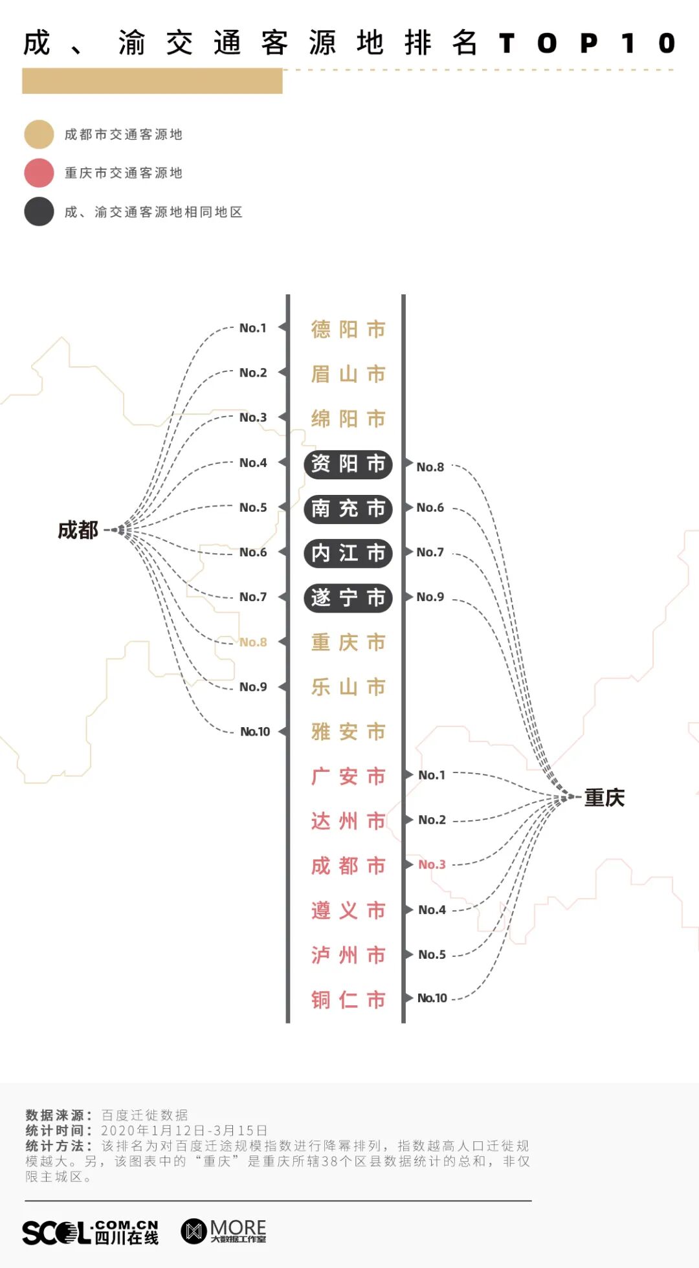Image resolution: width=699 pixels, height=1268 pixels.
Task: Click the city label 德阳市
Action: (x=348, y=329)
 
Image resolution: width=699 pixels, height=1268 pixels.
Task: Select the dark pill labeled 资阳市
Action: (x=348, y=464)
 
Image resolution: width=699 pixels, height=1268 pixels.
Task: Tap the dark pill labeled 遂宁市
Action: (x=348, y=598)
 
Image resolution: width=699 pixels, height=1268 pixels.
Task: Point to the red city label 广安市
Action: (x=348, y=776)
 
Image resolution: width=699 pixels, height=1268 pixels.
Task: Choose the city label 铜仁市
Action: (x=348, y=1000)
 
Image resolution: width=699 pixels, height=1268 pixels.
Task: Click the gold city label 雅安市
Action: (x=348, y=732)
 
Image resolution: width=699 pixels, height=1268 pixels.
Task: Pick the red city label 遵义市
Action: (x=348, y=911)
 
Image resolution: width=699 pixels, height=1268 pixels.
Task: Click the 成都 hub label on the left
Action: (x=78, y=530)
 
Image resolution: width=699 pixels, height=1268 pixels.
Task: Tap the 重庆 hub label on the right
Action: (x=605, y=798)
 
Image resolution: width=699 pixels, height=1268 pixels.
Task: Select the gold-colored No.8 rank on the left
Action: (x=253, y=642)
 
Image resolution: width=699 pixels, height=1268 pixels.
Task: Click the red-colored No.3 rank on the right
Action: (x=432, y=864)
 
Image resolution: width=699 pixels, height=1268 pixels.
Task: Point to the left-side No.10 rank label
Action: (x=255, y=732)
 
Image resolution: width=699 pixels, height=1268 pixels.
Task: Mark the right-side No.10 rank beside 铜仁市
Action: (x=432, y=998)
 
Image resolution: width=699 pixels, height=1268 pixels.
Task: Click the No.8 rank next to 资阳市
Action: (x=430, y=467)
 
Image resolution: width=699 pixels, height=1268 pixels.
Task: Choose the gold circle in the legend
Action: (x=39, y=135)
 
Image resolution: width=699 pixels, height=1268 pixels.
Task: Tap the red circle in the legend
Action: (x=39, y=173)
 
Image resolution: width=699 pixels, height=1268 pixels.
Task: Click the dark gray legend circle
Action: (x=39, y=212)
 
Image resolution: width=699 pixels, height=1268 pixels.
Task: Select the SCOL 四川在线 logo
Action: (x=91, y=1232)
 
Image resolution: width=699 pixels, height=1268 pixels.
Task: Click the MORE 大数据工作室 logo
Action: (x=223, y=1231)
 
